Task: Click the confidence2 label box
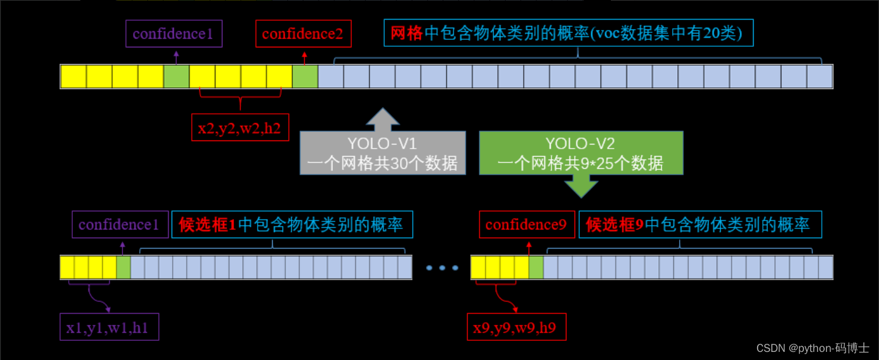(303, 34)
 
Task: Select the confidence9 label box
(526, 225)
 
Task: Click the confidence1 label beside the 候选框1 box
(119, 225)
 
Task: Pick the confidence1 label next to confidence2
(173, 34)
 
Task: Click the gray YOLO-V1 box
(383, 153)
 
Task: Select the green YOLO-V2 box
(581, 153)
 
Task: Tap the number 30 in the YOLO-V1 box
(399, 164)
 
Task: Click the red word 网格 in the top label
(407, 34)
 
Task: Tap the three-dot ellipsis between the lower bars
(442, 268)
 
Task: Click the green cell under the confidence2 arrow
(305, 77)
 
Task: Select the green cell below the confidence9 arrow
(536, 268)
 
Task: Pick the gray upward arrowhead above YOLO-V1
(382, 118)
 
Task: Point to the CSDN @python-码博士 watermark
(812, 348)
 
